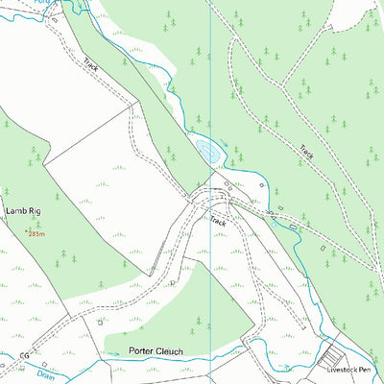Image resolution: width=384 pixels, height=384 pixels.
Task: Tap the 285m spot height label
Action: coord(36,233)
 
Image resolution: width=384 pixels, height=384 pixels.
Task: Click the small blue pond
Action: coord(204,148)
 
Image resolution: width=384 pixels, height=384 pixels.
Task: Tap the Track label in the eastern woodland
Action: coord(306,152)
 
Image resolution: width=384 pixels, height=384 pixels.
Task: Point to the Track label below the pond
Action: coord(218,221)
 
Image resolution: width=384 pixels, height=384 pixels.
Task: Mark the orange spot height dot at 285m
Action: coord(27,230)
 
